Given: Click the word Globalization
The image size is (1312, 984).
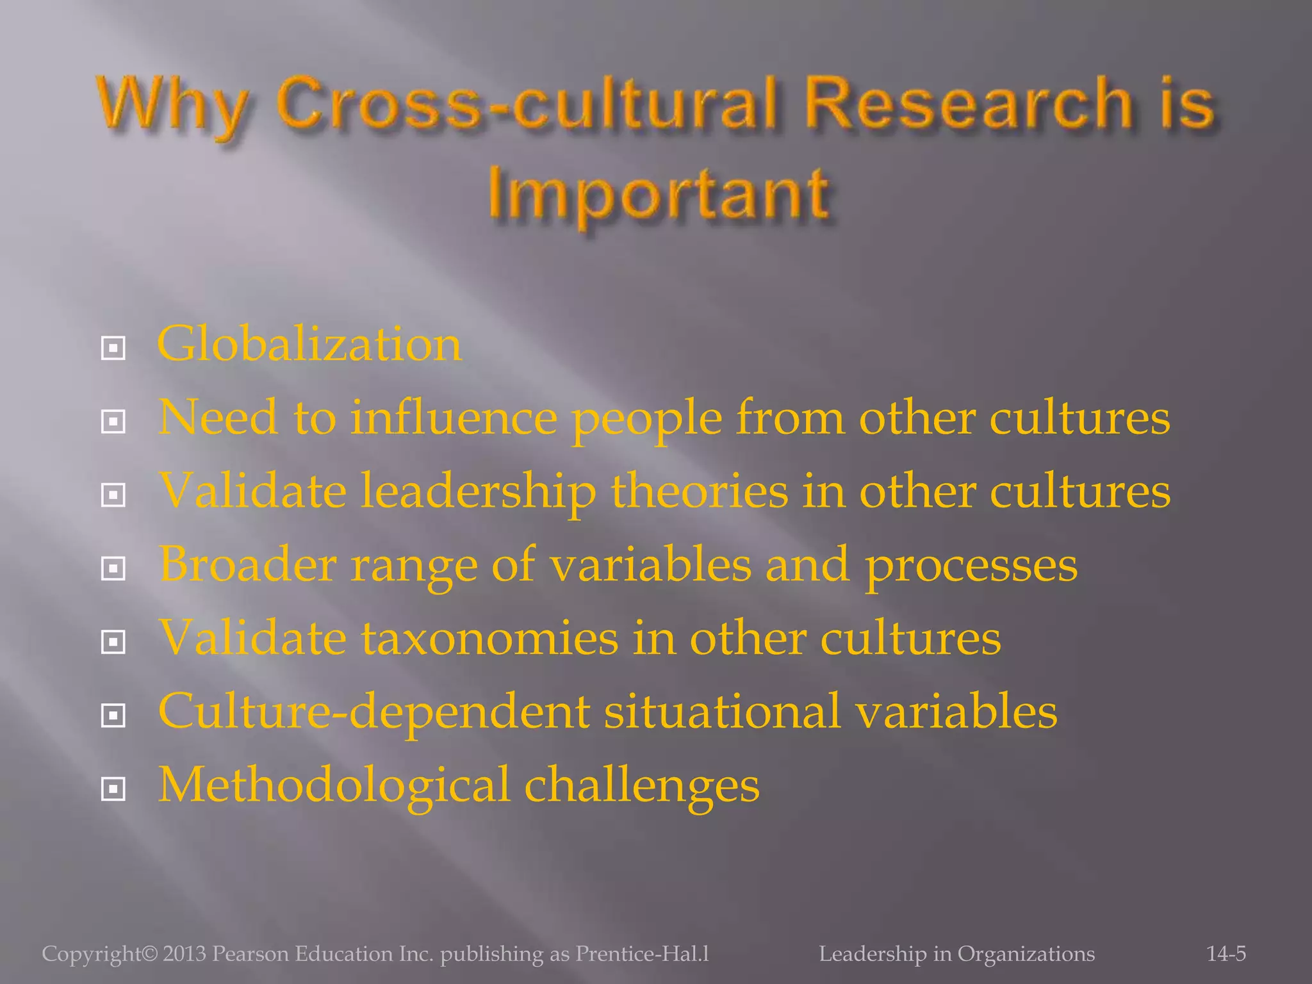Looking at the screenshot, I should click(x=309, y=345).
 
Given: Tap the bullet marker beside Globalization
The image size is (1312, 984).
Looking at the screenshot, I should click(x=113, y=348).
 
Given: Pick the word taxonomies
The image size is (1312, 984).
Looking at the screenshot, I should click(x=490, y=638).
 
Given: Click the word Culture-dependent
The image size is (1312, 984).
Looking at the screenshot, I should click(x=373, y=711).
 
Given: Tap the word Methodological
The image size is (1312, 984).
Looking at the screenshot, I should click(x=334, y=785).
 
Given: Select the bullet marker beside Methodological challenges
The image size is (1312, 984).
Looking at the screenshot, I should click(x=113, y=789).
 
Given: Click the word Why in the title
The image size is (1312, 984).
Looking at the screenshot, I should click(x=173, y=104).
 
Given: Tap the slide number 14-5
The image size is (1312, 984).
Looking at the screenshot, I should click(x=1226, y=954).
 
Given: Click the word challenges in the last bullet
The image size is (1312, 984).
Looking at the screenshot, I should click(x=642, y=786).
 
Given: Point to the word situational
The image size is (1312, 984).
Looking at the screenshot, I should click(x=722, y=711).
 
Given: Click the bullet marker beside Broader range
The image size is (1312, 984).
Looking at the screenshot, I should click(x=113, y=568).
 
